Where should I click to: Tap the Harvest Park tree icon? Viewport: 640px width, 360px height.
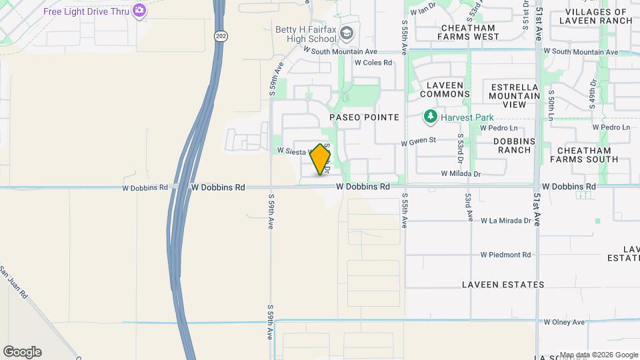pos(431,117)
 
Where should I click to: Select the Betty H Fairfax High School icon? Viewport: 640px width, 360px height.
pos(346,33)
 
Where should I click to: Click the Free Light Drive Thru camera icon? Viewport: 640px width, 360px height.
pos(139,10)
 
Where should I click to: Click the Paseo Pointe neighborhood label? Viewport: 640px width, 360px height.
pos(365,117)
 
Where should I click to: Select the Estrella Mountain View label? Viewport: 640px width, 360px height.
pos(514,96)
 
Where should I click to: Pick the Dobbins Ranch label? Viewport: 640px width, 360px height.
pos(514,145)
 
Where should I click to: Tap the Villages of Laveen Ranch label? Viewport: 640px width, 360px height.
pos(597,16)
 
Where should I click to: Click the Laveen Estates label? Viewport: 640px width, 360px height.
pos(503,285)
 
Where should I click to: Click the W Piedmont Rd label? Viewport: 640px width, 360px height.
pos(505,255)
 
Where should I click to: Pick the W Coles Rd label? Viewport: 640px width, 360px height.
pos(373,63)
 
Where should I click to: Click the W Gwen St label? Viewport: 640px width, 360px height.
pos(418,141)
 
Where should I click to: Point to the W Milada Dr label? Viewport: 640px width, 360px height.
pos(461,173)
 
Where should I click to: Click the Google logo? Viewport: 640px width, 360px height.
pos(22,352)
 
